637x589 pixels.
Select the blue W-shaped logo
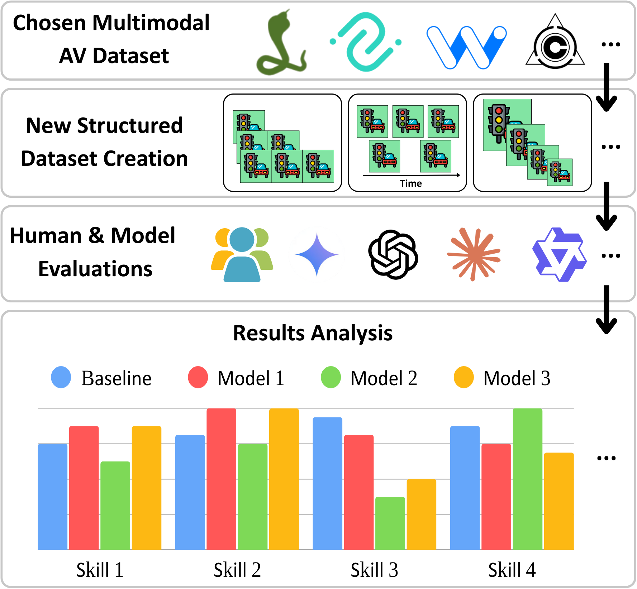click(x=466, y=47)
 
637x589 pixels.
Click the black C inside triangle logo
click(x=555, y=45)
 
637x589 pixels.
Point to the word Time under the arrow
click(x=411, y=183)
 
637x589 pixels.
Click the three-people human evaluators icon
click(x=242, y=254)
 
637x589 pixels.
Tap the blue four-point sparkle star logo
click(x=317, y=254)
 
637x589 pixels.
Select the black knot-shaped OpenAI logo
click(x=393, y=254)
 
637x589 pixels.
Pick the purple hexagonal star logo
click(x=559, y=254)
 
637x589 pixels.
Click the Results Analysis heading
click(x=313, y=333)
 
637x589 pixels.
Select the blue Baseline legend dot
click(x=61, y=377)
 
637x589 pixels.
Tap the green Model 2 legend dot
click(x=331, y=377)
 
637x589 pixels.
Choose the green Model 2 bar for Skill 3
click(x=390, y=523)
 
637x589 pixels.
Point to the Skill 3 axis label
click(x=374, y=570)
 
